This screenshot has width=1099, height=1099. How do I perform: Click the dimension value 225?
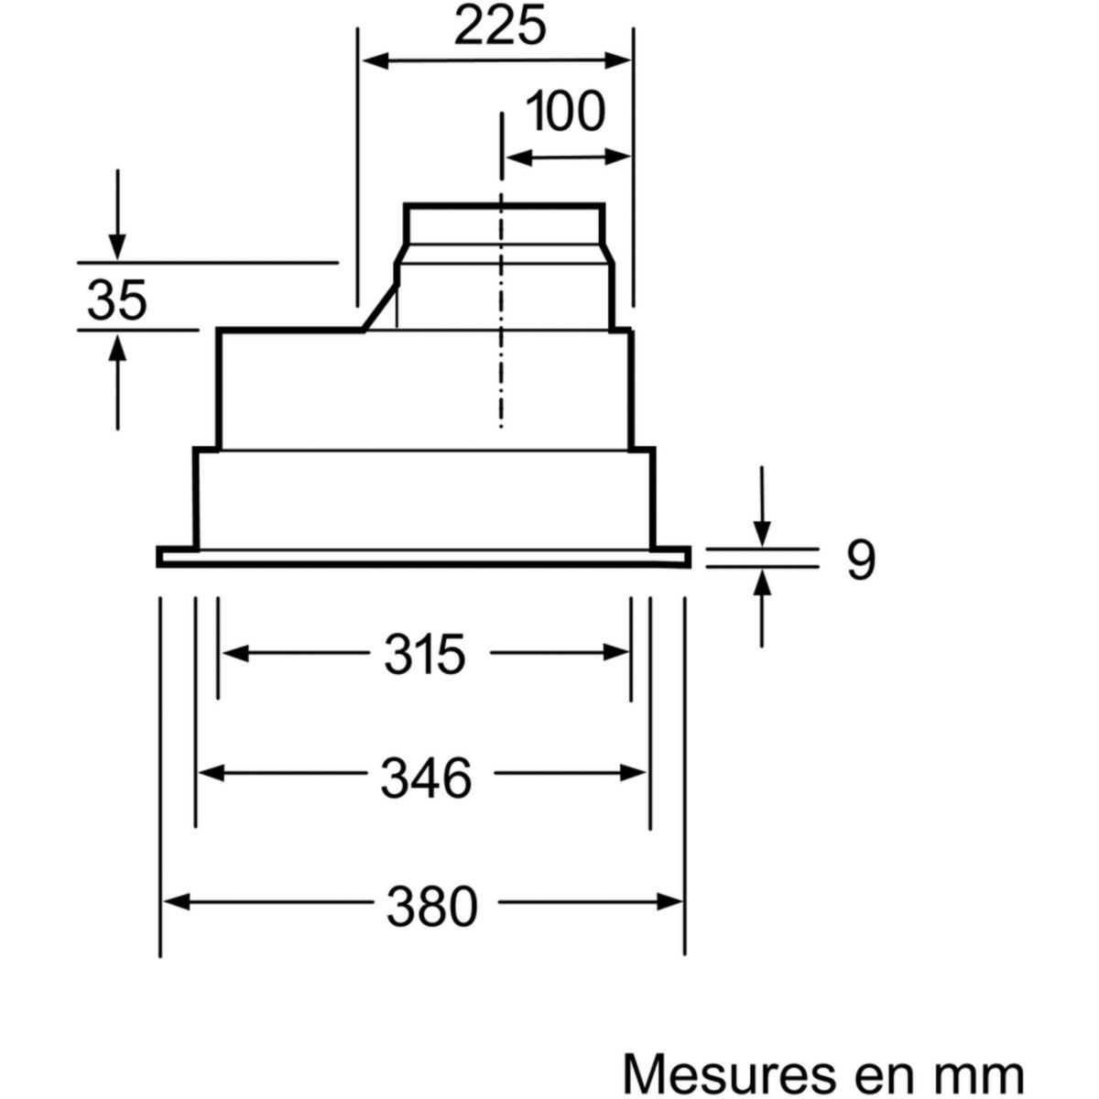pos(500,27)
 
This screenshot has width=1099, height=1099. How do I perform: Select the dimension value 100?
pos(565,112)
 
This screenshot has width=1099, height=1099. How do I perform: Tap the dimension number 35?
pos(117,299)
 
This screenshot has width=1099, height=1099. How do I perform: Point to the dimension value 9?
pos(861,560)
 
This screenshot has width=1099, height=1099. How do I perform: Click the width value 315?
pos(425,655)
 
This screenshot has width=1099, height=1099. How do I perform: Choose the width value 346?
pos(427,777)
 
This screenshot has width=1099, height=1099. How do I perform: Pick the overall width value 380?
pos(431,907)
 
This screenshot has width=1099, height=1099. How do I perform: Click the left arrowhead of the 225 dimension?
pos(375,60)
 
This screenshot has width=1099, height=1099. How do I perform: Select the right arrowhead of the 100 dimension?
pos(617,157)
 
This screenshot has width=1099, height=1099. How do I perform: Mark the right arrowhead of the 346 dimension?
pos(633,773)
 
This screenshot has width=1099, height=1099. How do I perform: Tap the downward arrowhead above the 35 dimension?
pos(117,247)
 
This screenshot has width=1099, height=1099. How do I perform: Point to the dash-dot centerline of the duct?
pos(501,270)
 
